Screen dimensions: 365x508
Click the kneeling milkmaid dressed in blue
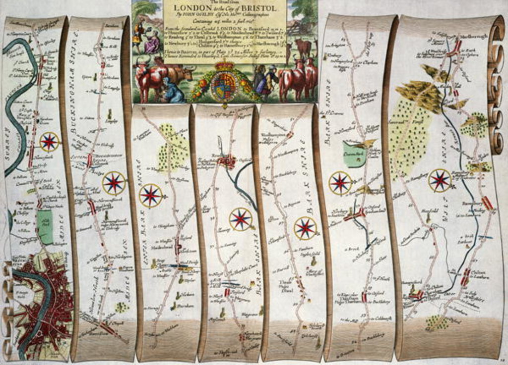(x=173, y=90)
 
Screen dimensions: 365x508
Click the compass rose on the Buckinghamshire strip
(x=114, y=183)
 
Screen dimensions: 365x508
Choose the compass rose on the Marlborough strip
(x=440, y=180)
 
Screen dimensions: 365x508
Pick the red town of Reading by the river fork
(x=229, y=161)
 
